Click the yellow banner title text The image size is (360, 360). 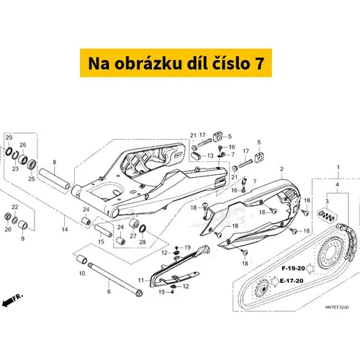tap(176, 63)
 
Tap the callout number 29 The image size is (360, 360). tap(9, 138)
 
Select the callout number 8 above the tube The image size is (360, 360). tap(55, 162)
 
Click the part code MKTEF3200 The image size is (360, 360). tap(337, 307)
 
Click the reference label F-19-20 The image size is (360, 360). tap(293, 269)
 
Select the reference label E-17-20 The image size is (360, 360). tap(292, 281)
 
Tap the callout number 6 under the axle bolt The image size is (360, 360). tap(109, 292)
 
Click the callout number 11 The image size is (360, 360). tap(141, 280)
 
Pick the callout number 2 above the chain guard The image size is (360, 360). tap(282, 169)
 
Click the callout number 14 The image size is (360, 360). tap(65, 230)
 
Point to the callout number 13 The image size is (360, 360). tap(210, 156)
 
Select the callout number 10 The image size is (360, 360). tap(82, 273)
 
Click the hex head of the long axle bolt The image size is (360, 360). tap(139, 293)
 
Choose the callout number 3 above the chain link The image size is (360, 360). tap(327, 201)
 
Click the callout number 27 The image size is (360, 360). tap(133, 236)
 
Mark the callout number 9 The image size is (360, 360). tap(23, 238)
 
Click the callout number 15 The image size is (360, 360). tap(101, 242)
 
